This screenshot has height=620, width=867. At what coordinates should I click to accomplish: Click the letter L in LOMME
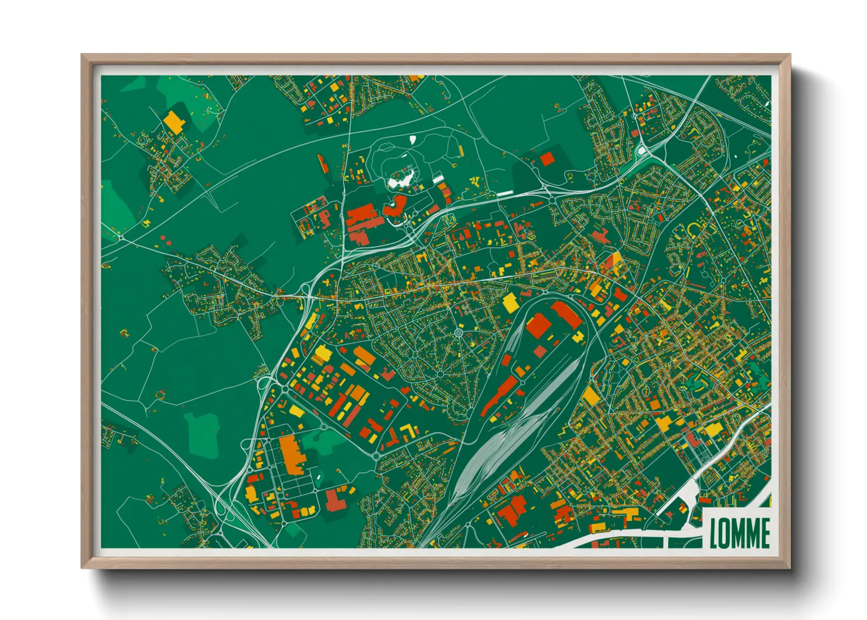pyautogui.click(x=715, y=533)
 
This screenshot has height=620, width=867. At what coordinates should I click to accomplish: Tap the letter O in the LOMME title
pyautogui.click(x=727, y=533)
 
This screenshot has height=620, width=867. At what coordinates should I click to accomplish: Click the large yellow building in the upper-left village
pyautogui.click(x=174, y=121)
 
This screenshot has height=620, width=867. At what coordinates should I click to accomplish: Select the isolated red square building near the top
pyautogui.click(x=547, y=159)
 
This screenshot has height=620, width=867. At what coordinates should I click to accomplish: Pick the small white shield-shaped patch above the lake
pyautogui.click(x=412, y=140)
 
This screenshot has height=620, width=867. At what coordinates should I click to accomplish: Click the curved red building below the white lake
pyautogui.click(x=395, y=206)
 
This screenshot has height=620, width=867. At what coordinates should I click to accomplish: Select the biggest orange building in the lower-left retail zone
pyautogui.click(x=291, y=454)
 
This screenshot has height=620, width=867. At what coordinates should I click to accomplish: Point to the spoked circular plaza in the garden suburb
pyautogui.click(x=458, y=334)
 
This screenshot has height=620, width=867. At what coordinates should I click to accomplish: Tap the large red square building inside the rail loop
pyautogui.click(x=537, y=325)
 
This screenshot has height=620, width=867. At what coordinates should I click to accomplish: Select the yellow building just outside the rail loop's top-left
pyautogui.click(x=510, y=303)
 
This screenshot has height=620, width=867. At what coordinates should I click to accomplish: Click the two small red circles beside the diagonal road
pyautogui.click(x=165, y=239)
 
